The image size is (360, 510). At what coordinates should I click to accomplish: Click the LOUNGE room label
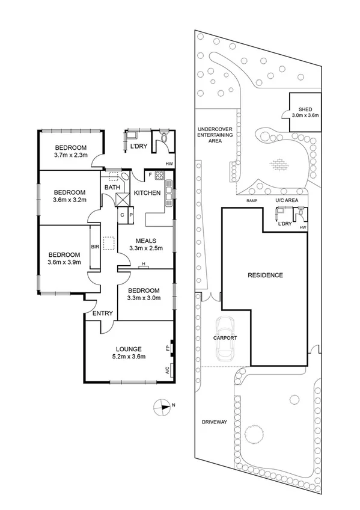[x=129, y=349]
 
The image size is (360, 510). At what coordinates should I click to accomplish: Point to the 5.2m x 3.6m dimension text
[x=129, y=357]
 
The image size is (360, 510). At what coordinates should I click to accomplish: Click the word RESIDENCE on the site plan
[x=265, y=275]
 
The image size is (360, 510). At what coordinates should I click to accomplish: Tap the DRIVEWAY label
[x=214, y=422]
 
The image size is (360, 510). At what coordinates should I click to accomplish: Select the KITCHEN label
[x=147, y=192]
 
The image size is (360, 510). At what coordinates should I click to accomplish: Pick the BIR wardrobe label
[x=94, y=247]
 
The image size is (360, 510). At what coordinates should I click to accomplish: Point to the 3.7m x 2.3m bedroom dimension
[x=70, y=156]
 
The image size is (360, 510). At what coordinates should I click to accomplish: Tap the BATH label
[x=112, y=188]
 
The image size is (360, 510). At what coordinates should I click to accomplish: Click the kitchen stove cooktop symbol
[x=160, y=176]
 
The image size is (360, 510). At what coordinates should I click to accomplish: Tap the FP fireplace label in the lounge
[x=167, y=348]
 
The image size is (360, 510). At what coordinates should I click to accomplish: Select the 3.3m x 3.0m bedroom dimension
[x=144, y=297]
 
